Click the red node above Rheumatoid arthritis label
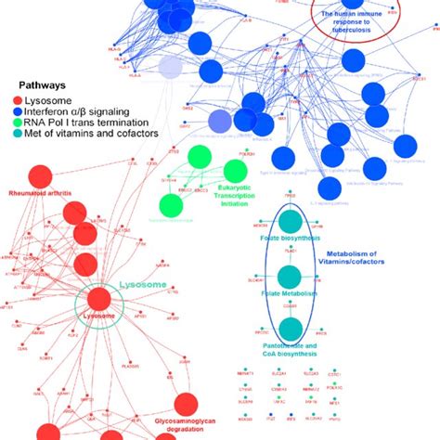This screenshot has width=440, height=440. click(x=40, y=176)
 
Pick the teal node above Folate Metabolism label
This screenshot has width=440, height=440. click(x=291, y=277)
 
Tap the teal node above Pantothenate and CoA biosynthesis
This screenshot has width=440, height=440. click(x=291, y=328)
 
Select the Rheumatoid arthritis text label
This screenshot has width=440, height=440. click(x=39, y=195)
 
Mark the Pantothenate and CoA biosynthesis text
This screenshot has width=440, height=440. click(x=290, y=348)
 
